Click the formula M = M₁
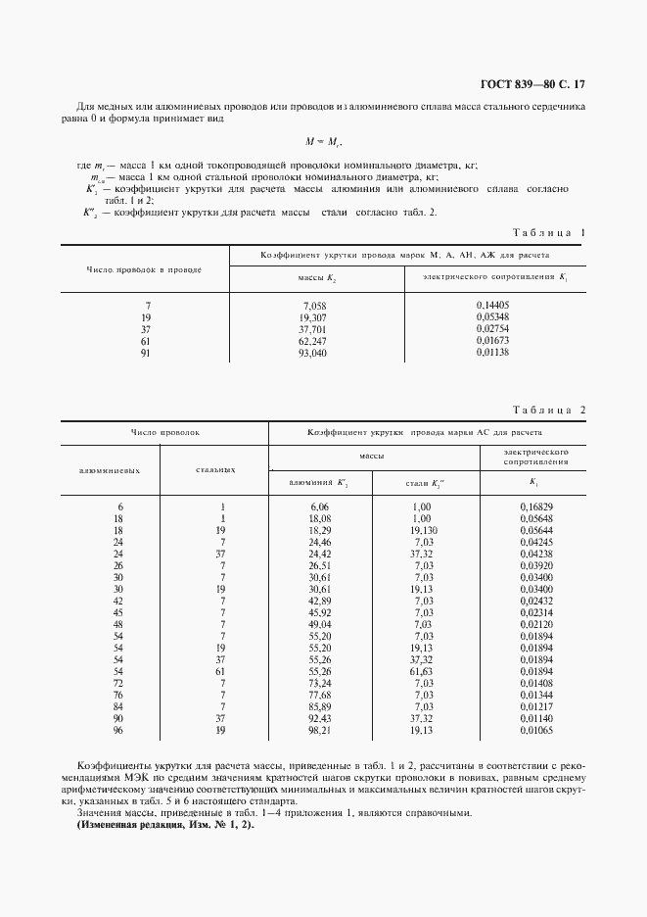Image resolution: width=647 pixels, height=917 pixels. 324,142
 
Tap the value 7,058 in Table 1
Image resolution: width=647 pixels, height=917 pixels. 317,306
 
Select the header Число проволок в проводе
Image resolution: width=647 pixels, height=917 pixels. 145,267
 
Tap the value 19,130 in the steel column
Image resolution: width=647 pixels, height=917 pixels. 423,529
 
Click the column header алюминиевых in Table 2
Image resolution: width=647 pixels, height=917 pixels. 110,469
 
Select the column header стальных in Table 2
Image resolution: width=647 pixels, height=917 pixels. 214,469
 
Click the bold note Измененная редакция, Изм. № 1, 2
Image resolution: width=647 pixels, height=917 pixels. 164,826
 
